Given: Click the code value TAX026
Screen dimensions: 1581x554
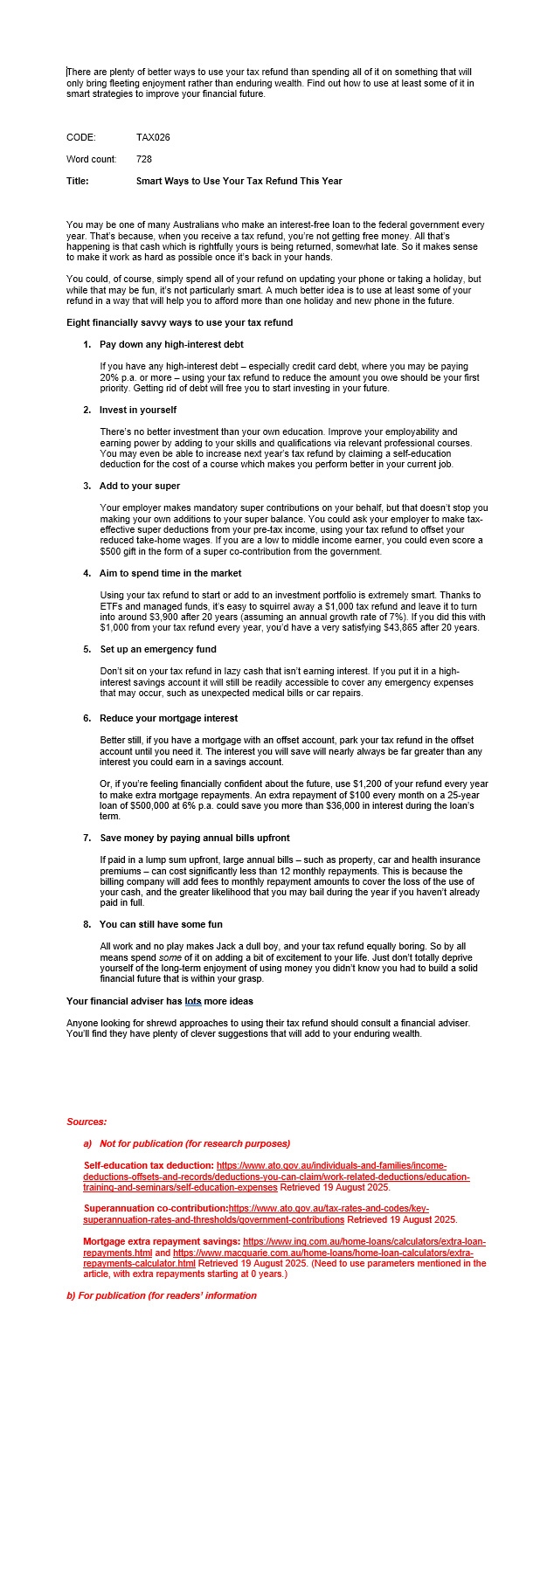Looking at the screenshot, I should (x=153, y=137).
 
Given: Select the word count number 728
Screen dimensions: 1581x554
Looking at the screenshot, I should (x=144, y=159).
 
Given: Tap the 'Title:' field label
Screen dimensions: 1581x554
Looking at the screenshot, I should (x=78, y=181).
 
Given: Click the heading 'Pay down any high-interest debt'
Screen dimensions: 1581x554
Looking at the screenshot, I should (x=171, y=344).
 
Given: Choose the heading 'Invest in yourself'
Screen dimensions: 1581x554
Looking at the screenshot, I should (x=138, y=410).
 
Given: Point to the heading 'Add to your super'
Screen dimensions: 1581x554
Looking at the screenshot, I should (x=140, y=486).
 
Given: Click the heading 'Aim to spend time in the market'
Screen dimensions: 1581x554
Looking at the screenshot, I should (x=170, y=573).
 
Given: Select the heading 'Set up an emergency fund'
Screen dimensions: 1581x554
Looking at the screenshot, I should (x=157, y=649).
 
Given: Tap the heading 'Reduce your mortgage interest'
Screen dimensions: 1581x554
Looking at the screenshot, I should (x=169, y=718).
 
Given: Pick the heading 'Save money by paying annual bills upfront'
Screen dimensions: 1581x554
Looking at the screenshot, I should (x=194, y=838).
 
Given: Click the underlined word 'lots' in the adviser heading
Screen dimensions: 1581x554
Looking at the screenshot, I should (x=193, y=1000).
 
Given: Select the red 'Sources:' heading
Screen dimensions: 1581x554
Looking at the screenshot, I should (x=87, y=1122).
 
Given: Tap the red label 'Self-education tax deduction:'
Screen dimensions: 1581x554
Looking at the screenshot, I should (x=149, y=1165).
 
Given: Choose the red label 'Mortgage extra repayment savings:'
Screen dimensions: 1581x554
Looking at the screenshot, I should (x=162, y=1241).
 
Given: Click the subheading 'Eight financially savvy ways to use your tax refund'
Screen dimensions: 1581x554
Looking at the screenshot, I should (x=179, y=322).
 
